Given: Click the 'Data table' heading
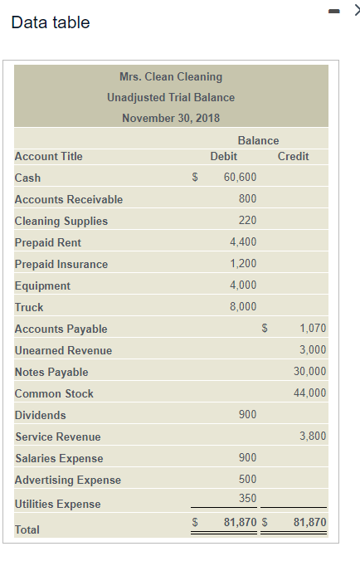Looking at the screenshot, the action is pyautogui.click(x=51, y=22).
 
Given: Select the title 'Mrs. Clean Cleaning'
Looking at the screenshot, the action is pyautogui.click(x=171, y=76).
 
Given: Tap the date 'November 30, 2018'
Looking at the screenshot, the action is pyautogui.click(x=171, y=118).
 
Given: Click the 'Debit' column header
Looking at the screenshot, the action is pyautogui.click(x=224, y=156).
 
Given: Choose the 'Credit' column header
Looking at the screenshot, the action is pyautogui.click(x=294, y=156).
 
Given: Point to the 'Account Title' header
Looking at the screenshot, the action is pyautogui.click(x=49, y=156).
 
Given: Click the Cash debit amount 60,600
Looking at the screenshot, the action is pyautogui.click(x=241, y=178).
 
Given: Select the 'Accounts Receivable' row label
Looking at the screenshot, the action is pyautogui.click(x=69, y=199).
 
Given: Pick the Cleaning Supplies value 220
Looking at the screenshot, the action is pyautogui.click(x=247, y=221).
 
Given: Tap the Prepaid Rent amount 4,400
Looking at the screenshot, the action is pyautogui.click(x=243, y=242).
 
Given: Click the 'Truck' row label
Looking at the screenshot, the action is pyautogui.click(x=29, y=307).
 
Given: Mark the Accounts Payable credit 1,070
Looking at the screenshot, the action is pyautogui.click(x=313, y=329).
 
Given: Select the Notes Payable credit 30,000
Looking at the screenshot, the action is pyautogui.click(x=310, y=372).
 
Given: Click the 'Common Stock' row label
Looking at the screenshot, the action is pyautogui.click(x=54, y=393).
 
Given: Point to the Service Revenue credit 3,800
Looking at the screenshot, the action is pyautogui.click(x=313, y=437).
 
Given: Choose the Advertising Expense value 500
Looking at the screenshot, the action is pyautogui.click(x=247, y=480).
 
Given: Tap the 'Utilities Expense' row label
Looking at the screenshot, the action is pyautogui.click(x=57, y=504).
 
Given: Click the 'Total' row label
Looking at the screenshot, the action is pyautogui.click(x=27, y=529).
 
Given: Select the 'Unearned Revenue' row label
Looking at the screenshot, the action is pyautogui.click(x=63, y=350).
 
